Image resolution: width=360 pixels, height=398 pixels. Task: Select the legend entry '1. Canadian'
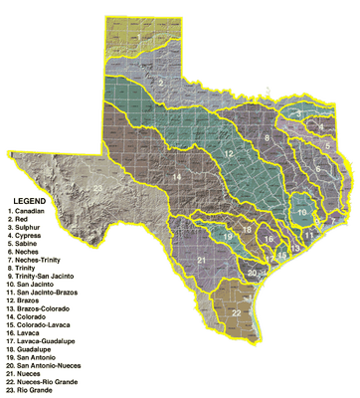29,211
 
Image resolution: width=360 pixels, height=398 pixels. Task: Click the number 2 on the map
160,82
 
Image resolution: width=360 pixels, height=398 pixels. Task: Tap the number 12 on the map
228,154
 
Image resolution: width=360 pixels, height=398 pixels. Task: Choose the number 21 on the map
202,261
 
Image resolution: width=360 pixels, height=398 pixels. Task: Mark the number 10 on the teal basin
302,210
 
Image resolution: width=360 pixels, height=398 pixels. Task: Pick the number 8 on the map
268,136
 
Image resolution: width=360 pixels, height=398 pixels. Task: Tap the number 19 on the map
227,238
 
